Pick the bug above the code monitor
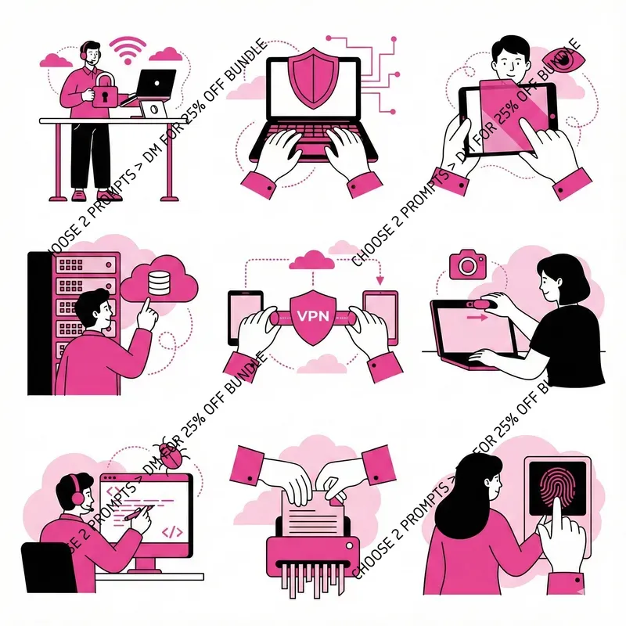click(x=167, y=452)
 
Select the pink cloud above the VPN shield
click(x=312, y=258)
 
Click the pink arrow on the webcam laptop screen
click(x=472, y=318)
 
